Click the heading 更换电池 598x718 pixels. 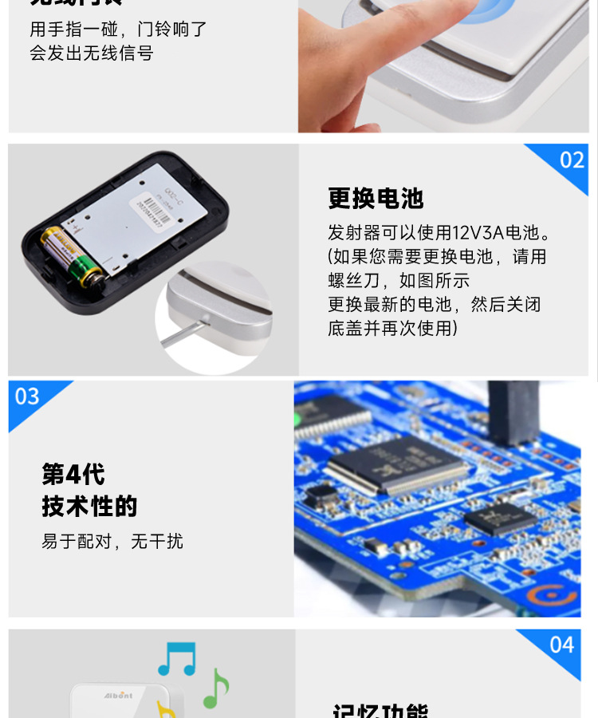(376, 199)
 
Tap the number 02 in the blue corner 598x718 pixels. (572, 160)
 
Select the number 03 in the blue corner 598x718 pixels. (27, 396)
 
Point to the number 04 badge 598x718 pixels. (561, 645)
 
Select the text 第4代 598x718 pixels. (73, 475)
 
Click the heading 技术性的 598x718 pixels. (89, 507)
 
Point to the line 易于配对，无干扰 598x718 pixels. (112, 542)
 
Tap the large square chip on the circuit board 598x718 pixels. (396, 463)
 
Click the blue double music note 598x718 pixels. (176, 659)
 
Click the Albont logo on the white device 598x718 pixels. (117, 696)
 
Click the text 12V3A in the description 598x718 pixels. (477, 233)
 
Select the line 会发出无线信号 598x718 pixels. (92, 53)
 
